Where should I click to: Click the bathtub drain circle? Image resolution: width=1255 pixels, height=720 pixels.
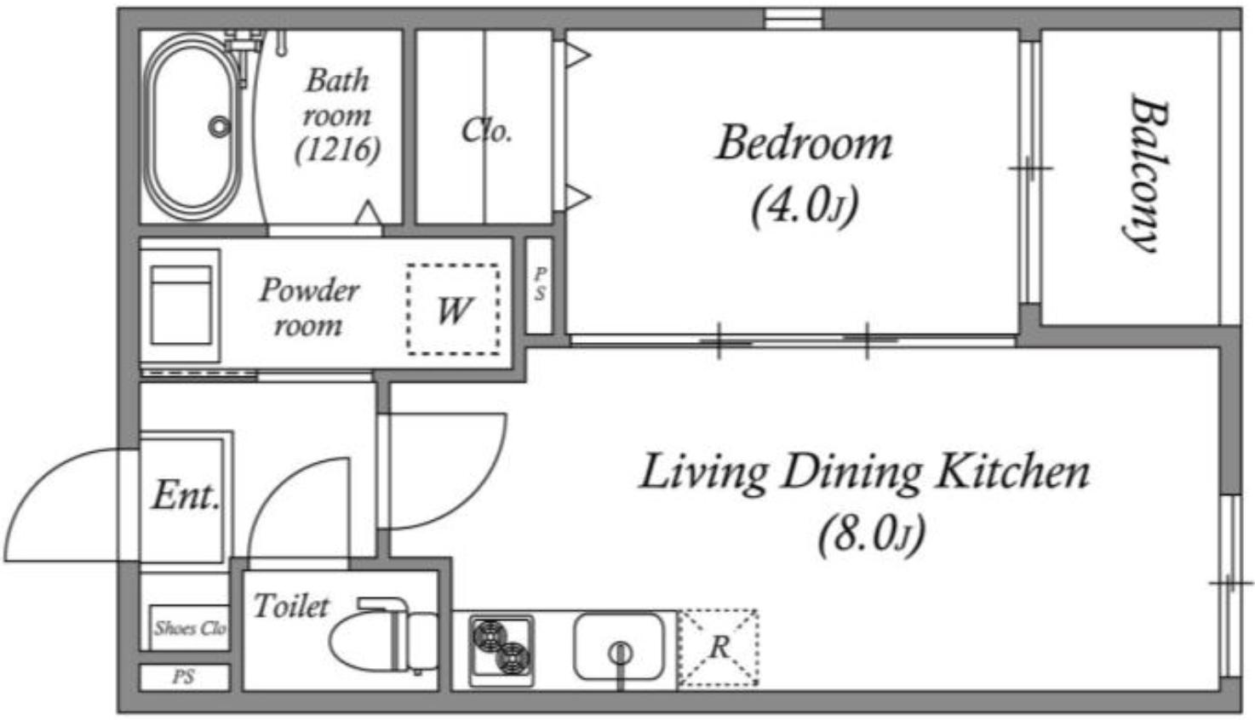tap(220, 127)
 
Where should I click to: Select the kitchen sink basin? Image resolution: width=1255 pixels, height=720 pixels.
tap(619, 647)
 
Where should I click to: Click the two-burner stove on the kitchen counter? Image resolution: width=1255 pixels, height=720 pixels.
tap(501, 650)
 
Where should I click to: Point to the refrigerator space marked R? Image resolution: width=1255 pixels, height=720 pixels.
tap(719, 649)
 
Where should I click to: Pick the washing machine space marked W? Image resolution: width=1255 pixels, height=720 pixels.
tap(453, 309)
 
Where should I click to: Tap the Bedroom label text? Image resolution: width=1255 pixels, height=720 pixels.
tap(805, 143)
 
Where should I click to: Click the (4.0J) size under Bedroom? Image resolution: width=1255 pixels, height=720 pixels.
tap(805, 206)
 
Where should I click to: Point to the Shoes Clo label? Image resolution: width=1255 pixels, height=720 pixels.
tap(191, 628)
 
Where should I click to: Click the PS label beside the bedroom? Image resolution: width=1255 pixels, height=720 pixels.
tap(540, 284)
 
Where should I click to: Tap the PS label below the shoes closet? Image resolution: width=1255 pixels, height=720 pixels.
tap(184, 677)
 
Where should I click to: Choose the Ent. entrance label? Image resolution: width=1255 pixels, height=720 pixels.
tap(186, 496)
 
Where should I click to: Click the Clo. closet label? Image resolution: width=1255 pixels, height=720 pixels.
tap(486, 131)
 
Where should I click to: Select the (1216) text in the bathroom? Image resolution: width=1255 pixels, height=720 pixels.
tap(338, 150)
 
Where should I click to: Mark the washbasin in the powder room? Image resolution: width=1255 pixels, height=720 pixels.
tap(181, 306)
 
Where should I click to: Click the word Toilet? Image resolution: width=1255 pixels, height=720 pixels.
tap(291, 606)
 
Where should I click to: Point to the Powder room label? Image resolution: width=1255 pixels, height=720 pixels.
tap(309, 307)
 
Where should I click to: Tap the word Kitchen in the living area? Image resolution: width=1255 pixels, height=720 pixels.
tap(1013, 474)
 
